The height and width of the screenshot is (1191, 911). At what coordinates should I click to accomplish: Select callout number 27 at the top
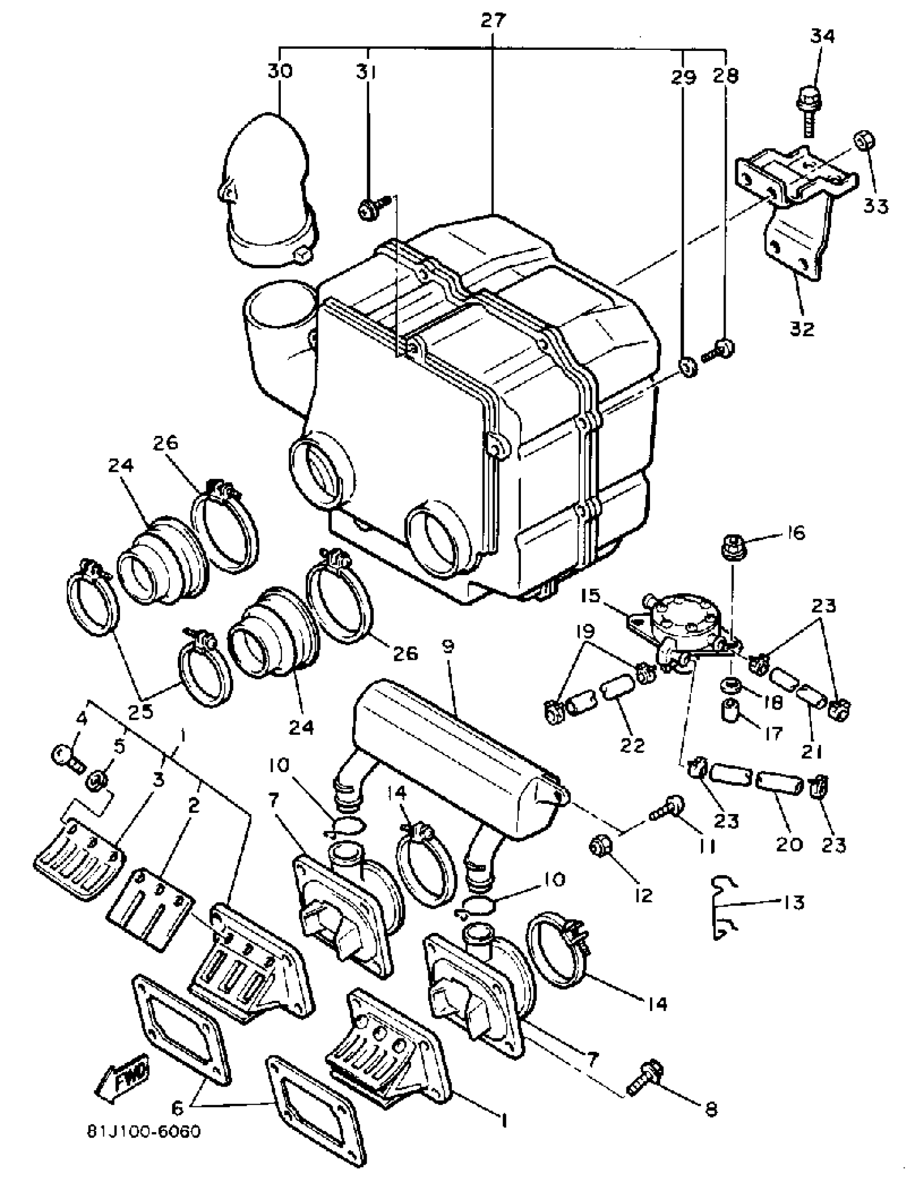coord(493,20)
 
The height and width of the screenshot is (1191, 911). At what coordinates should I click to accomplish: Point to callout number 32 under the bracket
coord(802,328)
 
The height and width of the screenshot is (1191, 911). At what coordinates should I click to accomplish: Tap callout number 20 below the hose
coord(789,844)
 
